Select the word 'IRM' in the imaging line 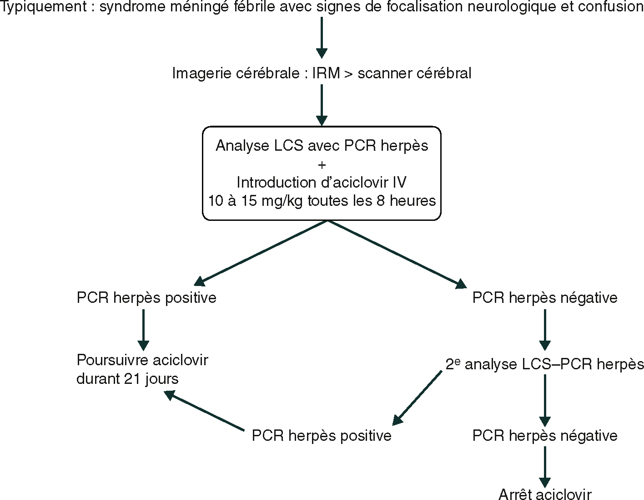pyautogui.click(x=326, y=73)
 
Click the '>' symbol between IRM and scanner pyautogui.click(x=348, y=74)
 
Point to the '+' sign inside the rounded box pyautogui.click(x=322, y=164)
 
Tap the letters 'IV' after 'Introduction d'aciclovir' pyautogui.click(x=400, y=183)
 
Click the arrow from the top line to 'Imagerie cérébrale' pyautogui.click(x=322, y=37)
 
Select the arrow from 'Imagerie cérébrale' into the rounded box pyautogui.click(x=322, y=105)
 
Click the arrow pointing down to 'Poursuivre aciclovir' pyautogui.click(x=143, y=330)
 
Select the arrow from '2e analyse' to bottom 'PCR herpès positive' pyautogui.click(x=417, y=398)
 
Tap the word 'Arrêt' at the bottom pyautogui.click(x=516, y=494)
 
